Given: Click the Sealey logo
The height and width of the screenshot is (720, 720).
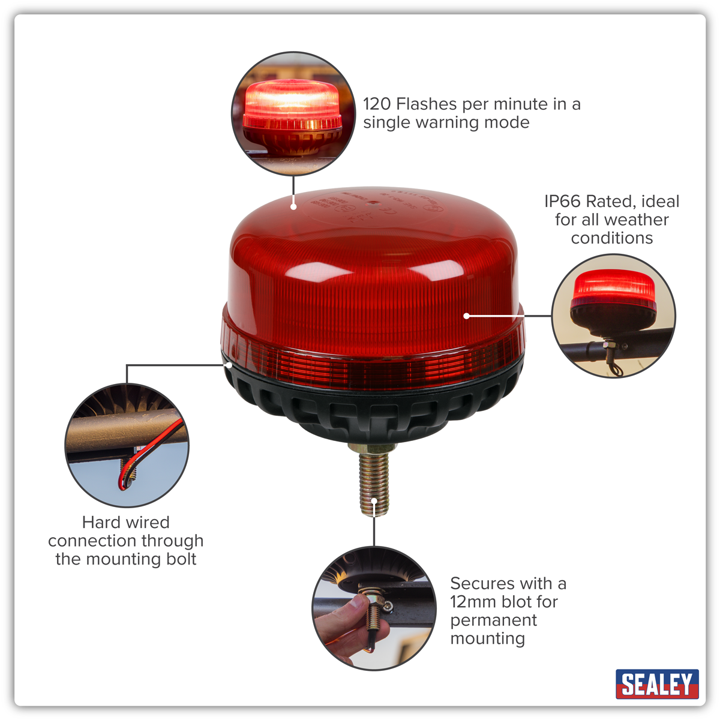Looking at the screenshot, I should click(657, 684).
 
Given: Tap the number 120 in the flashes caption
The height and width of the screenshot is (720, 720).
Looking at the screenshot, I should click(377, 104).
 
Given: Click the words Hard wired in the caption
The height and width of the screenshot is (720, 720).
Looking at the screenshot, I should click(125, 522).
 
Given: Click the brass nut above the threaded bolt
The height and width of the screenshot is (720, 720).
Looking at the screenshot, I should click(373, 448).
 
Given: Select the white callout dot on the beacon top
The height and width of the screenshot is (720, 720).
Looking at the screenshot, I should click(293, 206).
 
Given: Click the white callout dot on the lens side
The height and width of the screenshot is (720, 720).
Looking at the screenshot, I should click(466, 316).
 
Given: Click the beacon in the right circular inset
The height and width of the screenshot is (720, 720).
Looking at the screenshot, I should click(613, 297).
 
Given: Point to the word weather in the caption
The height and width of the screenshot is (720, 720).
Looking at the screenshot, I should click(637, 220).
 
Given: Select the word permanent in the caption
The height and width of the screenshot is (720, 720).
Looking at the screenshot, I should click(493, 620).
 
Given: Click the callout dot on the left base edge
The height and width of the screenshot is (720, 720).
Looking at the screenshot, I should click(229, 364).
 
